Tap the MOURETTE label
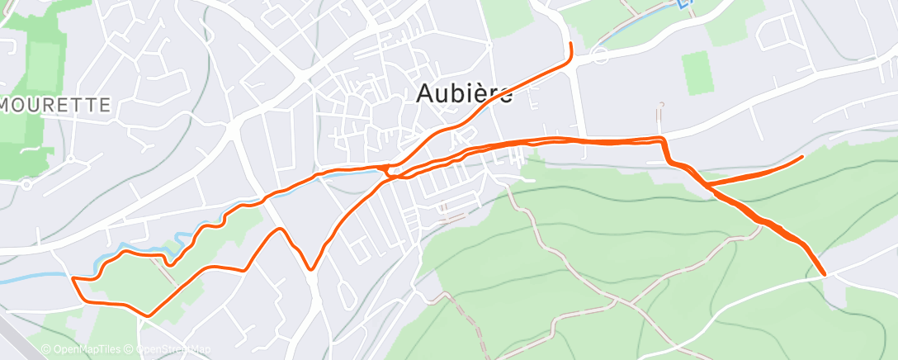click(56, 105)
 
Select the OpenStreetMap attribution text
click(162, 349)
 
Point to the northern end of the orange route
click(570, 42)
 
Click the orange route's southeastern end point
click(824, 273)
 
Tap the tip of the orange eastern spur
click(802, 156)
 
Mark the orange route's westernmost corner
click(73, 279)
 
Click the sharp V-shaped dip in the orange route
click(310, 268)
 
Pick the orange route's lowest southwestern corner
click(147, 315)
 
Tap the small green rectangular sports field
click(698, 72)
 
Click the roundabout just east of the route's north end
click(601, 55)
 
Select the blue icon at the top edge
click(684, 3)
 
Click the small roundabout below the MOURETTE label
click(27, 183)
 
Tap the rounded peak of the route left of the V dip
click(280, 229)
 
